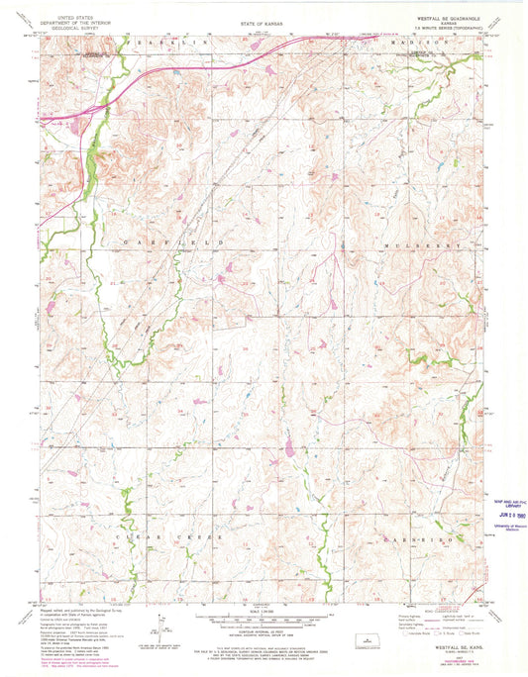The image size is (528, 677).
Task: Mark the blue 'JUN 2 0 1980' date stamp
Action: [497, 515]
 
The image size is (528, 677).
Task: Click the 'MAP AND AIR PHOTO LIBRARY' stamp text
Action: [498, 503]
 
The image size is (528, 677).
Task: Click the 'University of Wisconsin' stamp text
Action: [498, 525]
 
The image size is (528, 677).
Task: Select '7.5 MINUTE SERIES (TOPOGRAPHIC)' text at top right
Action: [439, 29]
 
